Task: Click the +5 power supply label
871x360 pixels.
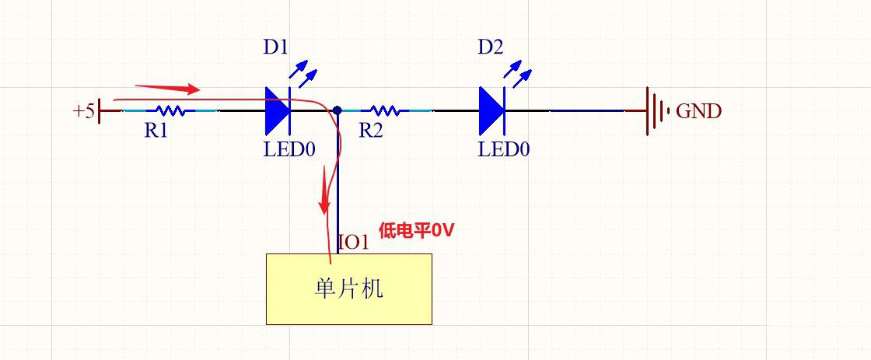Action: (x=83, y=111)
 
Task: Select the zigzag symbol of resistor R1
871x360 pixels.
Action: (x=170, y=111)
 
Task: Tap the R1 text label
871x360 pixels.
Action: (x=156, y=131)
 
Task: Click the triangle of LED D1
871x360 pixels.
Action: (x=277, y=111)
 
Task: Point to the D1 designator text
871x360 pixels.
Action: (x=275, y=47)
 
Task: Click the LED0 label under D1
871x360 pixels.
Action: (x=289, y=149)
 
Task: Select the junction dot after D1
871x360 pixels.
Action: (x=338, y=111)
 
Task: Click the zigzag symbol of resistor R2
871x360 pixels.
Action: (x=384, y=111)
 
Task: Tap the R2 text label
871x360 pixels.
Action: (x=370, y=131)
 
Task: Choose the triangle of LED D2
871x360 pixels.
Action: (x=491, y=111)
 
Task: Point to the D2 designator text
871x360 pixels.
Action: (x=490, y=47)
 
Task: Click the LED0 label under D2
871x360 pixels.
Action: (x=503, y=149)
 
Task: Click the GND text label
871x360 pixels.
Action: (x=698, y=111)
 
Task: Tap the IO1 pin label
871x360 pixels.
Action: (x=354, y=242)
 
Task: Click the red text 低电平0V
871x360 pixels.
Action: (x=416, y=230)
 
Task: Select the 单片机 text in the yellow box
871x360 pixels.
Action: (x=348, y=289)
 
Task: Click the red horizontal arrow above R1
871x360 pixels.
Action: (x=167, y=89)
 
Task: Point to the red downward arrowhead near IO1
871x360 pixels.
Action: (x=324, y=205)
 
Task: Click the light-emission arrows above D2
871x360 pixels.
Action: (x=516, y=74)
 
